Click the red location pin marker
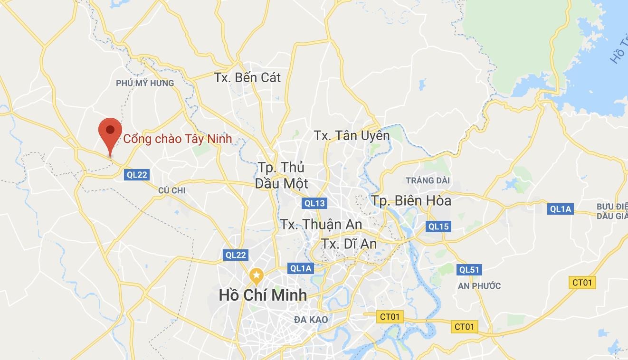(x=110, y=133)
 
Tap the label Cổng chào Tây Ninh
(x=178, y=139)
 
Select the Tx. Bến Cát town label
(x=247, y=77)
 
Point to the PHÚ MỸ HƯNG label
(x=145, y=83)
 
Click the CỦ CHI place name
(x=172, y=190)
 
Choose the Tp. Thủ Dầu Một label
(x=282, y=175)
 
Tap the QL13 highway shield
(x=314, y=203)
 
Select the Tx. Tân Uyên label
(x=352, y=135)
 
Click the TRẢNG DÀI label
(x=428, y=180)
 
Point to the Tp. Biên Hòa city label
(x=411, y=200)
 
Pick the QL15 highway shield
(x=438, y=227)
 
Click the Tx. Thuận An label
(x=321, y=224)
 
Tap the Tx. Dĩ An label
(x=349, y=244)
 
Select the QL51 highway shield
(x=469, y=270)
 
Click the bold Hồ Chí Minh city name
(x=263, y=295)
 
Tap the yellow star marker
(x=256, y=275)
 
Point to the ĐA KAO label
(x=311, y=320)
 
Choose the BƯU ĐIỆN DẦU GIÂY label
(x=612, y=211)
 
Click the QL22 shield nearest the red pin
(x=137, y=175)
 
